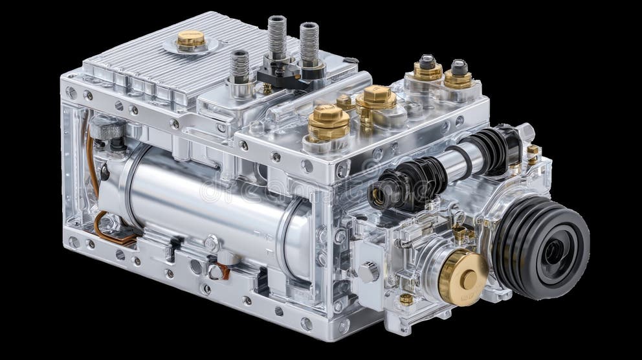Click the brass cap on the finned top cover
click(x=191, y=40)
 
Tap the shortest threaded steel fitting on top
click(x=240, y=67)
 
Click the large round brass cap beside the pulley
click(x=463, y=276)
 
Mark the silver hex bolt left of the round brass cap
click(x=368, y=271)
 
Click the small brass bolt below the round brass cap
click(x=406, y=299)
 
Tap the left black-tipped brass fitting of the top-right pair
click(x=427, y=67)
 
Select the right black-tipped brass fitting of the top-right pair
click(x=458, y=73)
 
